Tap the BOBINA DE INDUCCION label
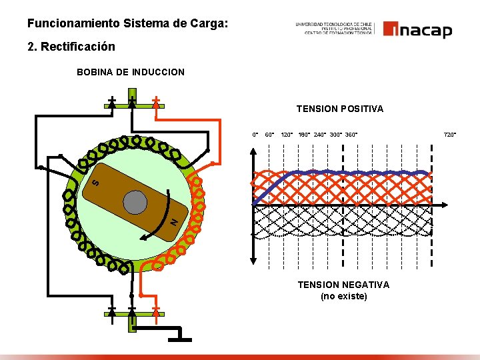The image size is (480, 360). pos(131,72)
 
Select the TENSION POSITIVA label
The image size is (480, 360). pos(340,109)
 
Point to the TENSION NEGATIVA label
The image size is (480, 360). pos(343,285)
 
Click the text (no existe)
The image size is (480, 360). pos(343,296)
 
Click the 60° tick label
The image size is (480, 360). pos(270,135)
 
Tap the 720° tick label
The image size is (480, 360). pos(450,135)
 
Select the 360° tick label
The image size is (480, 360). pos(351,135)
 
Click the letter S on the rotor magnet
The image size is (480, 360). pos(95,181)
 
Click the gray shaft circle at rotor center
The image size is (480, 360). pos(135,202)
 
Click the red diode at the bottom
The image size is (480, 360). pos(155,310)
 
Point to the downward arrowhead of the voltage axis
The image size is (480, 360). pos(253,262)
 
